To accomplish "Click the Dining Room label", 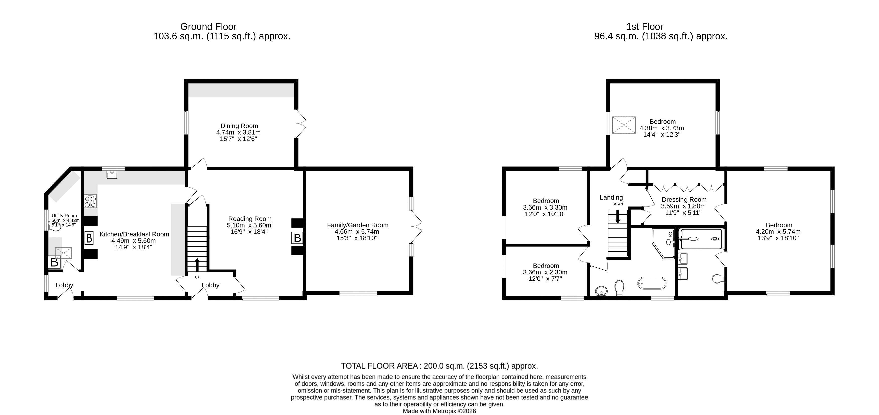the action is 239,126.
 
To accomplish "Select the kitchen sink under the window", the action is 112,175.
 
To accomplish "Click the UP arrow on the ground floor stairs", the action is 197,264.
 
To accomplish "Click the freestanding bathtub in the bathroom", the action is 651,283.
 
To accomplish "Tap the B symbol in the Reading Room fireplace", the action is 297,238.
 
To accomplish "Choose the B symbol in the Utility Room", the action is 54,262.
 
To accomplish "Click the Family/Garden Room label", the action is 358,225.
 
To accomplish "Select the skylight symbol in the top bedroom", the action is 624,125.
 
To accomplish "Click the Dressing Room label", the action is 684,200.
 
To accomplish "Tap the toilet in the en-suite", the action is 718,279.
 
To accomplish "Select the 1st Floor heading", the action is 645,26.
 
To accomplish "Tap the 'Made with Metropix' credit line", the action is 440,411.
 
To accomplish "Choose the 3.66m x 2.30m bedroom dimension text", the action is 545,272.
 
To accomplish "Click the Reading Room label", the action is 250,219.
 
